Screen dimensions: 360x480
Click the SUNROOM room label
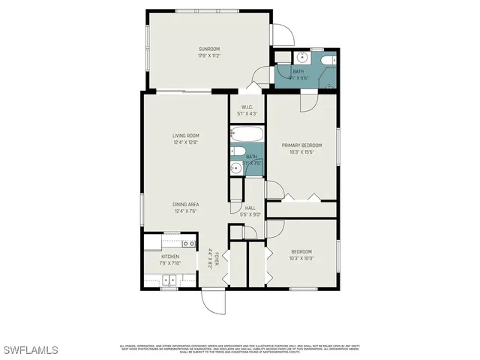pyautogui.click(x=208, y=49)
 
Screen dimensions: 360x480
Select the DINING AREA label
pyautogui.click(x=184, y=204)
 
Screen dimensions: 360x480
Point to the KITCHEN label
pyautogui.click(x=169, y=256)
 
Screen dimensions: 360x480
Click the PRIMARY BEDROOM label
pyautogui.click(x=301, y=145)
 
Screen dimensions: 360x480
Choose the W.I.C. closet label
pyautogui.click(x=247, y=106)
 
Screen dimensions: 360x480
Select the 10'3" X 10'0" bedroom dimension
pyautogui.click(x=301, y=258)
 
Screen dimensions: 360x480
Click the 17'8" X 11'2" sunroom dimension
pyautogui.click(x=208, y=56)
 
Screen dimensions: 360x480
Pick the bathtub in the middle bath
pyautogui.click(x=247, y=136)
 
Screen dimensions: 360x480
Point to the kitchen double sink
pyautogui.click(x=188, y=244)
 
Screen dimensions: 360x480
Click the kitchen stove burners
pyautogui.click(x=170, y=280)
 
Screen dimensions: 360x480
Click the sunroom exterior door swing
pyautogui.click(x=282, y=33)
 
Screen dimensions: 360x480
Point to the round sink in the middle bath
pyautogui.click(x=235, y=167)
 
